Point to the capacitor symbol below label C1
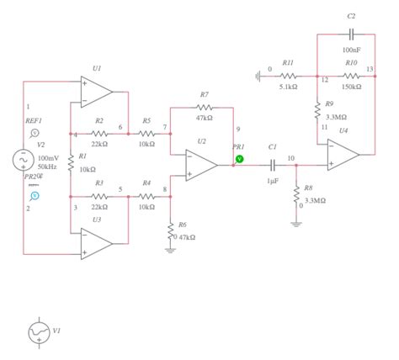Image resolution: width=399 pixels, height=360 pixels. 272,165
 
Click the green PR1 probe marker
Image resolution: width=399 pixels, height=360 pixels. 239,158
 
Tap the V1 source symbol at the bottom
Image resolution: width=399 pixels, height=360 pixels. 39,333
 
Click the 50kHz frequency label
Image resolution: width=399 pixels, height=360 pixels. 47,167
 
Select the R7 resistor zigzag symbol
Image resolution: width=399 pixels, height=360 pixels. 205,108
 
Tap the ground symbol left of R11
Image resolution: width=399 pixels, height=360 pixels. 258,77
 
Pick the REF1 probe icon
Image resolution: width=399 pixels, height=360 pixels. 35,133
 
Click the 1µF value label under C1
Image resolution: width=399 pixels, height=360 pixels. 272,181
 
